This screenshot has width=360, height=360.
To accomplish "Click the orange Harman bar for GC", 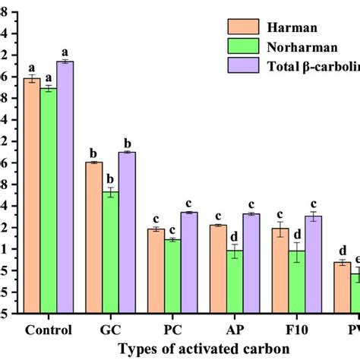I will click(x=94, y=236).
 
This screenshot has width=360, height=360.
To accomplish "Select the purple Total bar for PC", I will click(x=189, y=261).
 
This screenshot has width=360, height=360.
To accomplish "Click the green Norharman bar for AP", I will click(x=235, y=281).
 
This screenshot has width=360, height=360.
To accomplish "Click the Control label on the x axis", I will click(x=49, y=330).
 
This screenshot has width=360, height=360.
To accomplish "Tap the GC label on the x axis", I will click(x=111, y=330).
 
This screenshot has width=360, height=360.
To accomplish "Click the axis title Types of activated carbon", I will click(x=203, y=348).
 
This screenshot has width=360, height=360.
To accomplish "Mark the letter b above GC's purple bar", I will click(x=128, y=143).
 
